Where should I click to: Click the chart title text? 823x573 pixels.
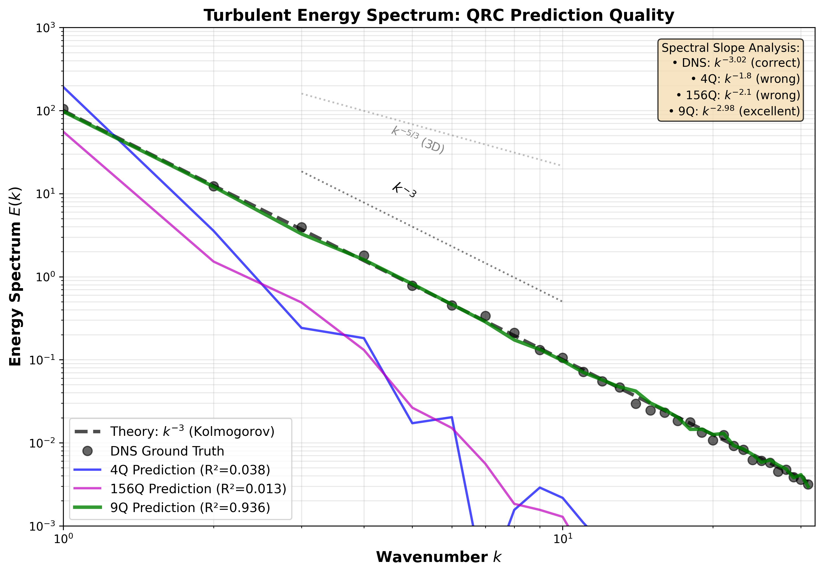439,16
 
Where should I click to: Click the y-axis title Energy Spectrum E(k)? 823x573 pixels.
15,276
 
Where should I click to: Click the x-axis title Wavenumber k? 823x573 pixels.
438,557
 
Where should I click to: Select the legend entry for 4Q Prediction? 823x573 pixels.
190,470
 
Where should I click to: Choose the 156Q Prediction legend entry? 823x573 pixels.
198,489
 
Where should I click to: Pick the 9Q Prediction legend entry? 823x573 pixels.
190,508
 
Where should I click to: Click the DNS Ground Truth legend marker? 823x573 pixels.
87,451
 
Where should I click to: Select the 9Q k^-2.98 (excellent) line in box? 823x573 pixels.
734,111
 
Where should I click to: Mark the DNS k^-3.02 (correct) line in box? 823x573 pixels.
736,63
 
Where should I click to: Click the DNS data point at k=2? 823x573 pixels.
214,186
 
